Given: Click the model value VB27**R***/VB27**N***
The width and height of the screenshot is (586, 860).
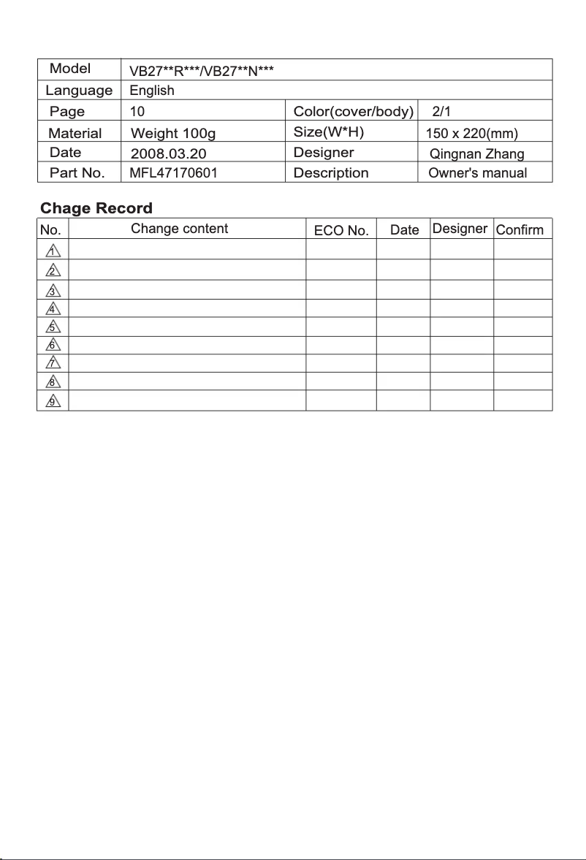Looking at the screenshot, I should click(x=201, y=71).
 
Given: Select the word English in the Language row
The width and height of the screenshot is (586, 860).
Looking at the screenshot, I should click(x=152, y=91).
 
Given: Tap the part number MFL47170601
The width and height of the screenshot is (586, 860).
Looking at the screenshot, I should click(x=173, y=173).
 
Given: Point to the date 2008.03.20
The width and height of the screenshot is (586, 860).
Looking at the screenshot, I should click(x=164, y=154).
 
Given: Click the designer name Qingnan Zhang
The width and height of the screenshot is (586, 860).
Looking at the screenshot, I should click(x=477, y=154).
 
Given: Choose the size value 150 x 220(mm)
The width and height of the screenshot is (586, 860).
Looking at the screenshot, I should click(x=472, y=134).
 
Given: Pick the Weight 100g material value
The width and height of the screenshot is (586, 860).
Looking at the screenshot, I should click(x=173, y=134).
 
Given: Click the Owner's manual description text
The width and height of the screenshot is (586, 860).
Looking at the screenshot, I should click(x=478, y=173).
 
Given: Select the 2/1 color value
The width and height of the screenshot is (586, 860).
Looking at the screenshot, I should click(x=442, y=112).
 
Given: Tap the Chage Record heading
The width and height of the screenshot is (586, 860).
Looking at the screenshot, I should click(x=96, y=208).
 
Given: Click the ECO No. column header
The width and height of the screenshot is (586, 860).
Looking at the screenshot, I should click(x=341, y=230).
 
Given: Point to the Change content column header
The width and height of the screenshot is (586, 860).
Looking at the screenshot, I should click(x=180, y=229).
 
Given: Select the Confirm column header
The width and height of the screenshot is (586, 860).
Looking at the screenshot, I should click(x=520, y=230).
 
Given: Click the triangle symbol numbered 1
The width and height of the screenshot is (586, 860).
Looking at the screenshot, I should click(x=53, y=252).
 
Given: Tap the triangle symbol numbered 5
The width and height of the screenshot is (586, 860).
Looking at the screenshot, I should click(x=53, y=327).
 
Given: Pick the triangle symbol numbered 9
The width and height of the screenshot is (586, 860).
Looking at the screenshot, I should click(x=53, y=401).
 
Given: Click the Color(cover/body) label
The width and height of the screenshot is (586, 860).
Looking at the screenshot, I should click(x=354, y=112).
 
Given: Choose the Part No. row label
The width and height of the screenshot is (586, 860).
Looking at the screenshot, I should click(x=77, y=173).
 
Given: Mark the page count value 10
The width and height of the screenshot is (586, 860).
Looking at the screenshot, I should click(x=137, y=112).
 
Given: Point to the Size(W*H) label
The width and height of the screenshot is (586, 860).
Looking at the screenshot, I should click(x=329, y=132).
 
